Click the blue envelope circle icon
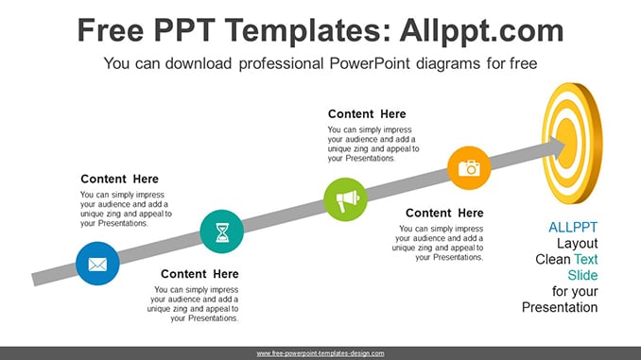click(97, 264)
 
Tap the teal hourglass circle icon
click(222, 231)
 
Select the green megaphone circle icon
click(345, 199)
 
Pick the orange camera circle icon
click(469, 168)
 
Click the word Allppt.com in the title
click(481, 30)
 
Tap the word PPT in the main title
click(184, 30)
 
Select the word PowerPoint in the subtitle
click(369, 63)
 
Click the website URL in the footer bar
click(320, 353)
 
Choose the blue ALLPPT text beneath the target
click(573, 227)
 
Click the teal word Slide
click(582, 275)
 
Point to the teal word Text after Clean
click(586, 260)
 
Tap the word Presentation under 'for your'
click(560, 307)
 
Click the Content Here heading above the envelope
click(119, 179)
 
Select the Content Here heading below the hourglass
click(199, 274)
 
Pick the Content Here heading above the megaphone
click(367, 114)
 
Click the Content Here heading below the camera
click(444, 213)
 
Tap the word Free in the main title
click(111, 30)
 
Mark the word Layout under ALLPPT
click(578, 244)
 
